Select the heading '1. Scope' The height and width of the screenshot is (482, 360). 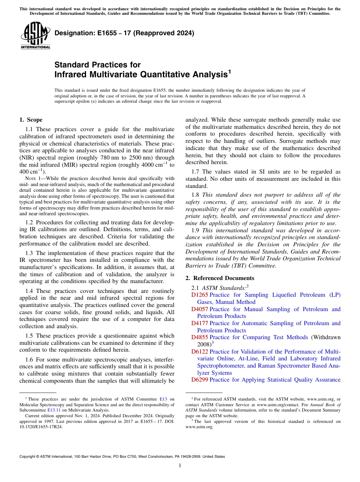[x=31, y=120]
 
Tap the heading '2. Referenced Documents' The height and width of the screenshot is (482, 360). [x=219, y=278]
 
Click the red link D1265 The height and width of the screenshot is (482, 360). [x=199, y=295]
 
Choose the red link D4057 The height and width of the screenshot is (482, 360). [x=199, y=309]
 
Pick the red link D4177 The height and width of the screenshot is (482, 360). [x=199, y=323]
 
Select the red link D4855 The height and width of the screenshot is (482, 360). [x=199, y=337]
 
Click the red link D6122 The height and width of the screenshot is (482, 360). [x=199, y=352]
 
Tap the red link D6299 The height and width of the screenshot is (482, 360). [x=199, y=380]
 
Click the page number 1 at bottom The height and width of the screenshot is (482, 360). [x=180, y=466]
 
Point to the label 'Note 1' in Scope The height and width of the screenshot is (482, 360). [x=30, y=178]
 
